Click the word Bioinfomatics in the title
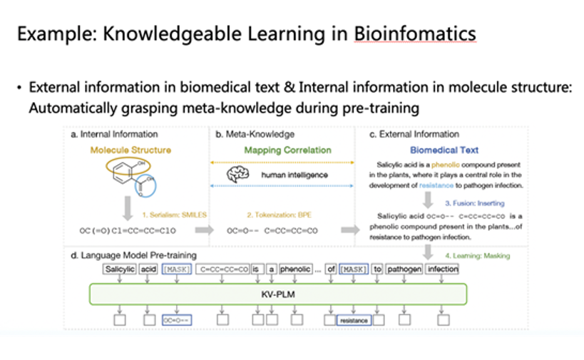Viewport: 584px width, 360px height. (415, 34)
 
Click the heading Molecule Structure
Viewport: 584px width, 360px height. (130, 150)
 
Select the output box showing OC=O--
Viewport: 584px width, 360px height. (175, 321)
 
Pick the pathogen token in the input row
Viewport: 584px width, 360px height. (404, 269)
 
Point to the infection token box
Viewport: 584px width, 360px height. (443, 269)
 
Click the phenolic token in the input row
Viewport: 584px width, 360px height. (294, 269)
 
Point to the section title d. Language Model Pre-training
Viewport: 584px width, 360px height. (134, 254)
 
